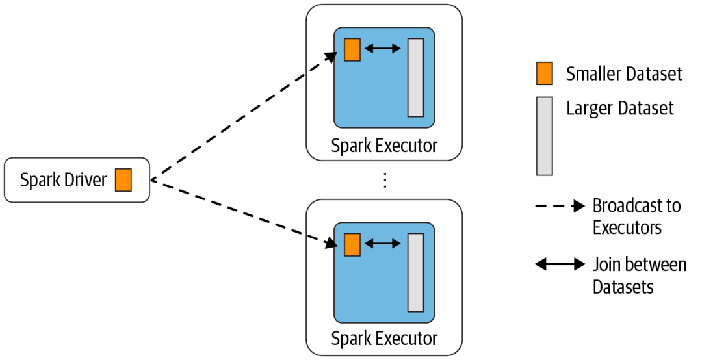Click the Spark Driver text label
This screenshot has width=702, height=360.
click(63, 179)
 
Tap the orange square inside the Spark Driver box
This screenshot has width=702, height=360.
click(123, 179)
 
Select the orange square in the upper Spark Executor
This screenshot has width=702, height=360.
click(352, 49)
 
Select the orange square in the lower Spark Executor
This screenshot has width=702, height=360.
click(352, 244)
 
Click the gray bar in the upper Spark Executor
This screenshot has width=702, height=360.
click(415, 77)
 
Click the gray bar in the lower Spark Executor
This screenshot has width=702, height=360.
click(415, 272)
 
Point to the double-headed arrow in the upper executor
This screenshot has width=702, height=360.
click(383, 49)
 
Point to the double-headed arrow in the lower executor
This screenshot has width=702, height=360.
click(383, 244)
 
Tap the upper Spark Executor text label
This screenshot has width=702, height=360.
click(384, 146)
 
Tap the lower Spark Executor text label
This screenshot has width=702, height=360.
click(384, 339)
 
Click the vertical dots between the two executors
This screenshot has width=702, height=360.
click(385, 179)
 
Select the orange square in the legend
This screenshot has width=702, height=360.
click(544, 73)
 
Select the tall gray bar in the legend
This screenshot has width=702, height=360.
click(544, 136)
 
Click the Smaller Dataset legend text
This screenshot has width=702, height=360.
click(624, 73)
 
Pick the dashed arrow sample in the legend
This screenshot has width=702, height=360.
click(559, 207)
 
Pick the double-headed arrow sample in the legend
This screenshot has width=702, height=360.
click(560, 264)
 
